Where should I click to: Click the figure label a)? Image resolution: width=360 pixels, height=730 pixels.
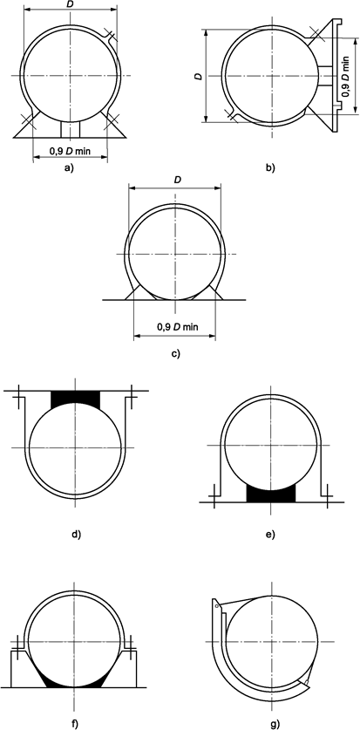click(69, 169)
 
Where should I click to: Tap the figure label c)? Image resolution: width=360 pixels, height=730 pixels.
click(175, 354)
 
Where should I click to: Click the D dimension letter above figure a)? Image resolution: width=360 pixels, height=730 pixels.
click(69, 5)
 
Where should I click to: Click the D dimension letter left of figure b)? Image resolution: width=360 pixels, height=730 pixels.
click(200, 77)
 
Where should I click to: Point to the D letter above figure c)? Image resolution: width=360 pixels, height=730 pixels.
click(178, 180)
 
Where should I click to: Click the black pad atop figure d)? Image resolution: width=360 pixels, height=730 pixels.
click(76, 400)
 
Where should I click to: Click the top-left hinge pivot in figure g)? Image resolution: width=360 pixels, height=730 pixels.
click(216, 601)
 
